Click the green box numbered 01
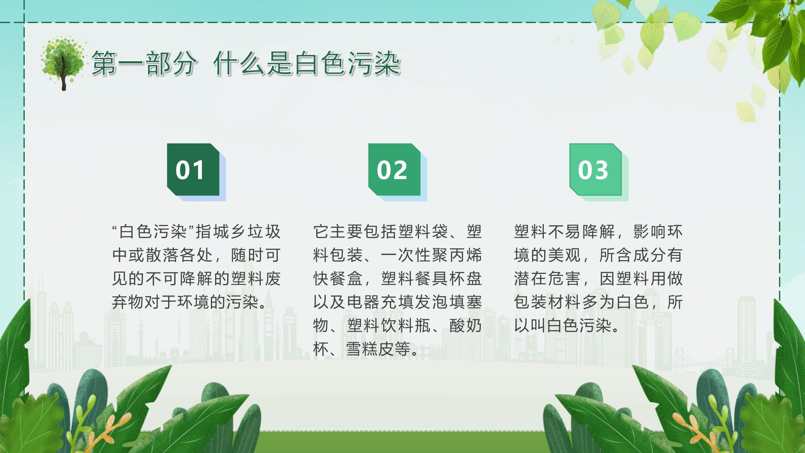click(193, 169)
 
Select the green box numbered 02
click(395, 169)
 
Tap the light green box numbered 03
click(596, 169)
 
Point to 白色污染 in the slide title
click(348, 64)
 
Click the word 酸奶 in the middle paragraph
click(465, 325)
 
